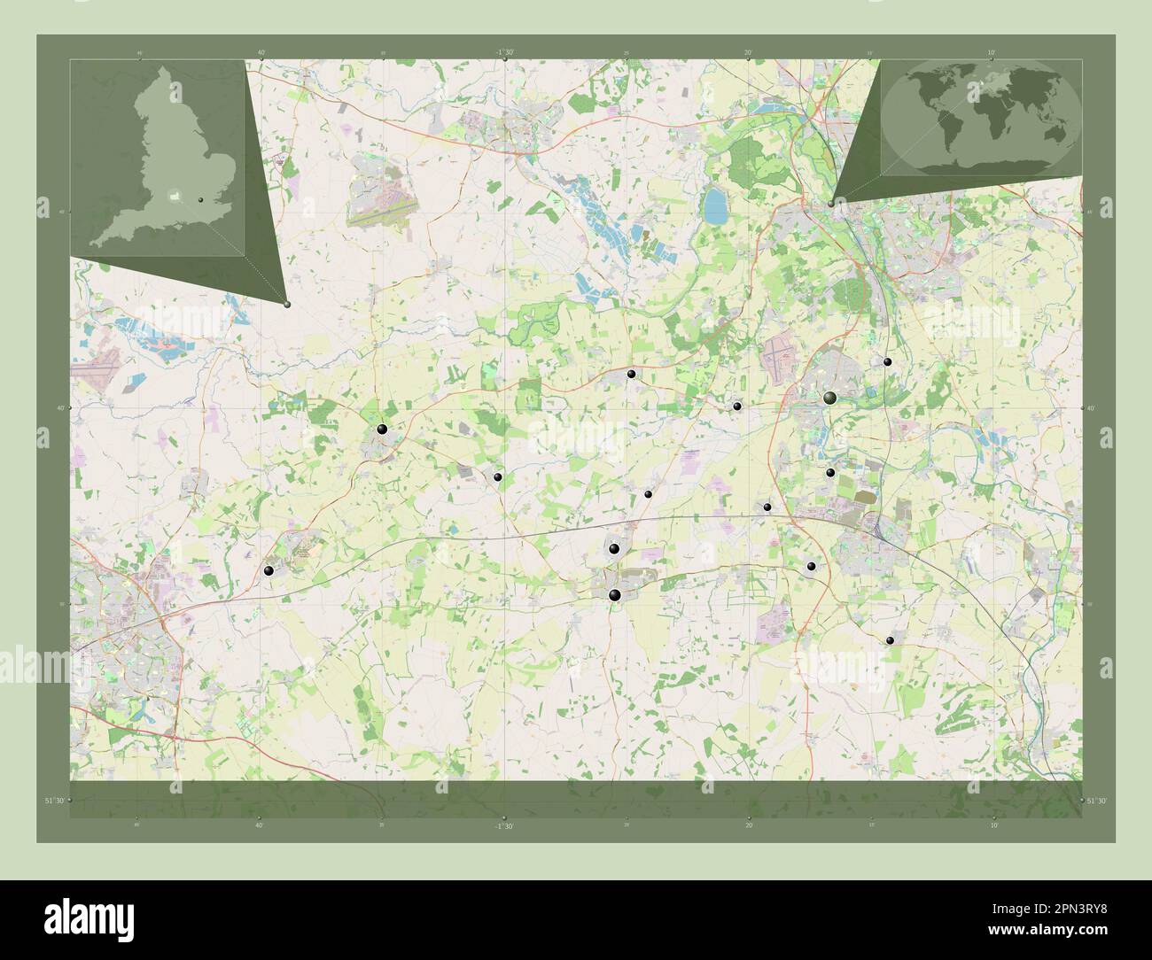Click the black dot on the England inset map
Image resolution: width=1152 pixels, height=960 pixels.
coord(202,200)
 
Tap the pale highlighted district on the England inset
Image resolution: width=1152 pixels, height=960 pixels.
coord(176,193)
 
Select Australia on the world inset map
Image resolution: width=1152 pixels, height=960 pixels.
coord(1055,132)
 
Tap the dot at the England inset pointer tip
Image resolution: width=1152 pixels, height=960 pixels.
coord(287,304)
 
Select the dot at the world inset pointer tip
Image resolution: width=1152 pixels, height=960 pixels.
coord(830,205)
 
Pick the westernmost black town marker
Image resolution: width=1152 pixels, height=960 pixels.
coord(269,571)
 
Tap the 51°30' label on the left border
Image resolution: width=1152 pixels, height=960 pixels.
coord(55,801)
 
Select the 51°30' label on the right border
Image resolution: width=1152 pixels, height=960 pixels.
coord(1097,801)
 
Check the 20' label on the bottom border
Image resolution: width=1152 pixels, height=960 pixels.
coord(749,825)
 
